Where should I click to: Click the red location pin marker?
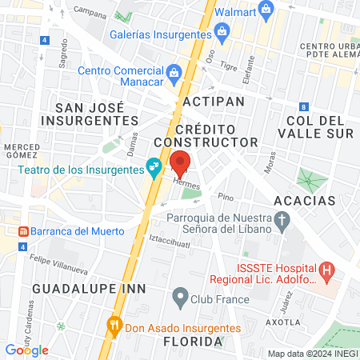(x=180, y=163)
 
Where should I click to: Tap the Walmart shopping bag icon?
(x=267, y=10)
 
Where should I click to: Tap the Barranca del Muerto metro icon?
(x=24, y=231)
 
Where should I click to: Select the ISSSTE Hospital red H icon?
(x=326, y=272)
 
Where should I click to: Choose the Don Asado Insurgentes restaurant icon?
(x=114, y=327)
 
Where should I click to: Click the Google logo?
(x=26, y=350)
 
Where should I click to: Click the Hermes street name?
(x=185, y=184)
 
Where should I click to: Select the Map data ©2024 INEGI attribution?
(x=312, y=354)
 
